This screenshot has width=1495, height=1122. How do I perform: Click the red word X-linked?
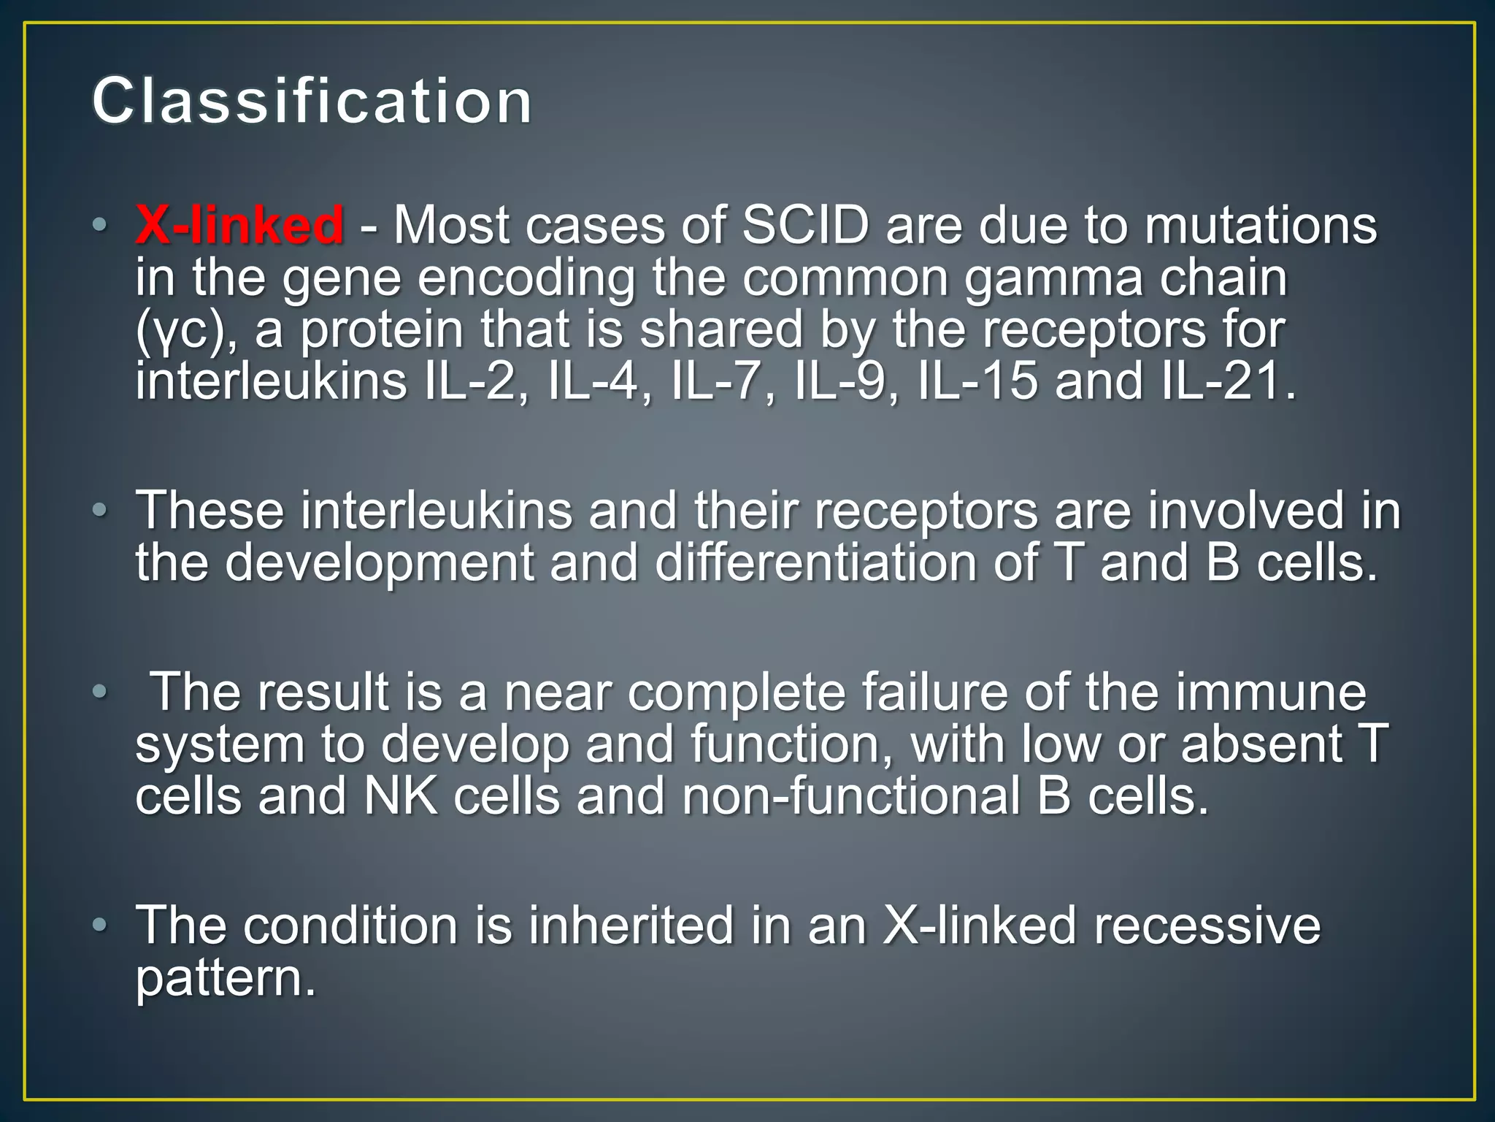239,224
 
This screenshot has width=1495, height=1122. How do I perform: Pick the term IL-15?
977,381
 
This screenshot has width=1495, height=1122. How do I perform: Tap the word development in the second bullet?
379,564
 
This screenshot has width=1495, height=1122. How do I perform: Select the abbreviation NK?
400,796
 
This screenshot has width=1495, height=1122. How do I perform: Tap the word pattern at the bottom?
226,979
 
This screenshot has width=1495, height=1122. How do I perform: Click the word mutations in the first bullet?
1261,224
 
